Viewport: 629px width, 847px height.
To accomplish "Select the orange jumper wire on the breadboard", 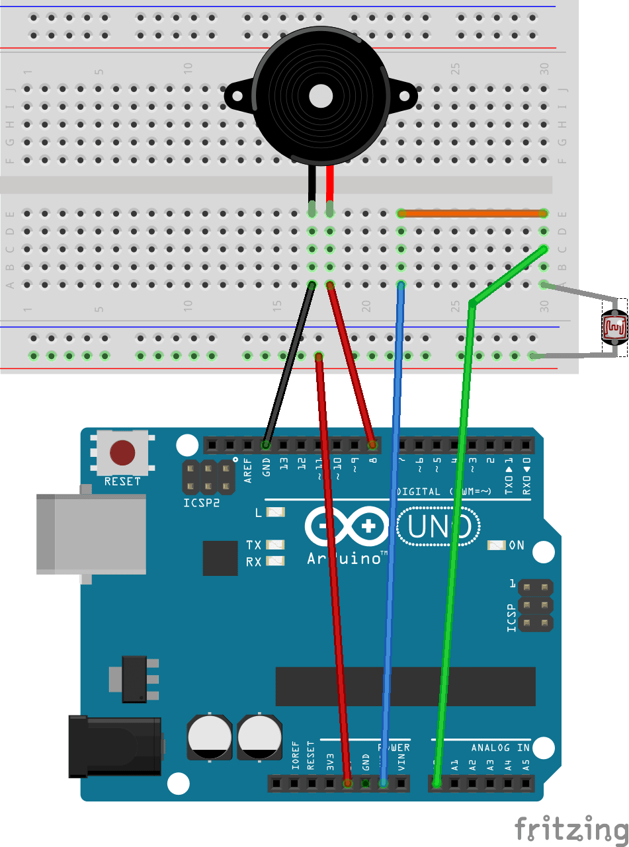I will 471,214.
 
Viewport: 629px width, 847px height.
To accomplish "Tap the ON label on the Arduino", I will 517,545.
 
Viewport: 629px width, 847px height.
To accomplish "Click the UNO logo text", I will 439,527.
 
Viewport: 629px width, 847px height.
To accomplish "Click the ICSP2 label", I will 202,503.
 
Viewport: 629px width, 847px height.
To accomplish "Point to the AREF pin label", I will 248,470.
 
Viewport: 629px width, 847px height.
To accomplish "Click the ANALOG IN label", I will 500,748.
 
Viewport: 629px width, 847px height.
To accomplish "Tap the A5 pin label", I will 526,766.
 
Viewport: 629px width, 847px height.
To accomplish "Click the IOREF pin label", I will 295,756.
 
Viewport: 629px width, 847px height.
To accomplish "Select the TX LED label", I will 253,545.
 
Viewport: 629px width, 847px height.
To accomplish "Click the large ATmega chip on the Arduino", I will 405,686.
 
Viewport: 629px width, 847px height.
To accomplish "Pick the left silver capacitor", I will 210,737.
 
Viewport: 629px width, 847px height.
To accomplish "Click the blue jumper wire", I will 393,529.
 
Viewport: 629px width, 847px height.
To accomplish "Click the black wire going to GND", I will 289,362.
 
